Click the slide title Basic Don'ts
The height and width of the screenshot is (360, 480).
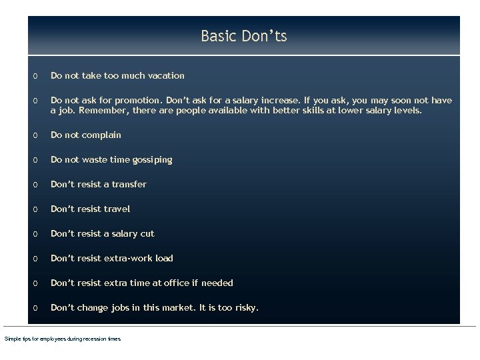(243, 36)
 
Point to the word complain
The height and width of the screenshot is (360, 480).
(101, 135)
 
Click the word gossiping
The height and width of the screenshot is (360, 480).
(150, 160)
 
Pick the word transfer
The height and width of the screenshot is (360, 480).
(129, 185)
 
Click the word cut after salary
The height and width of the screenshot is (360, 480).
(147, 234)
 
